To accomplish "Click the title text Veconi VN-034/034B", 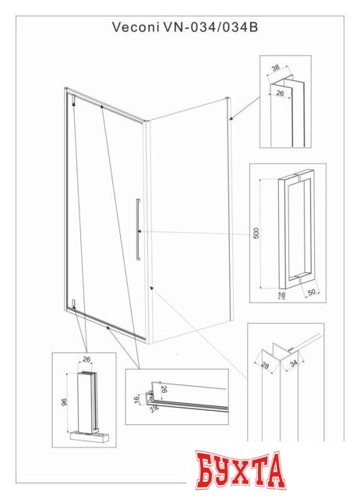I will point(180,27).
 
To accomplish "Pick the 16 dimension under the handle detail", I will point(281,296).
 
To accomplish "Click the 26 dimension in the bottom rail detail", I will point(164,388).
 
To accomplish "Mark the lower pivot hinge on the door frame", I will point(72,304).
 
